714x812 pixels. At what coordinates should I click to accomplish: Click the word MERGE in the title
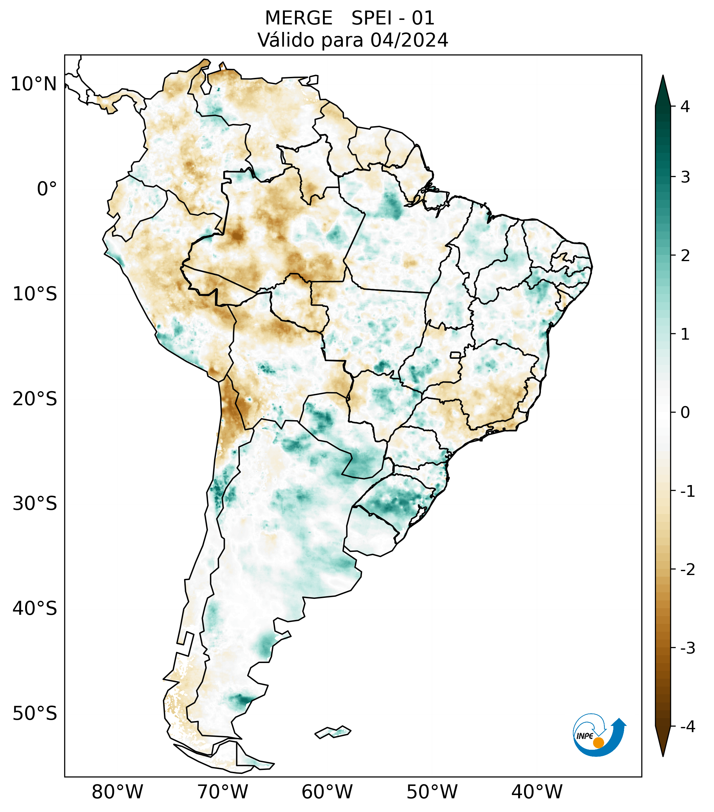(x=299, y=18)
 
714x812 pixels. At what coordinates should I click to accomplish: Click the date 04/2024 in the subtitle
(x=409, y=40)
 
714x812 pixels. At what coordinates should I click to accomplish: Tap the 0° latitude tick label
(x=47, y=189)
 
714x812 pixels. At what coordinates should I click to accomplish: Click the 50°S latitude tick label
(x=35, y=714)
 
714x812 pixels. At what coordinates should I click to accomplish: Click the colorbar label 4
(x=685, y=107)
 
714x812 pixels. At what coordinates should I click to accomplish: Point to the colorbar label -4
(x=688, y=727)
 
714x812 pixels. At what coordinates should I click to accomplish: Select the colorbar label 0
(x=685, y=412)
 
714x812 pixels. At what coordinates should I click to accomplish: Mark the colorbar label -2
(x=688, y=570)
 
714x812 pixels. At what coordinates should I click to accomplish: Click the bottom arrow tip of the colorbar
(x=663, y=755)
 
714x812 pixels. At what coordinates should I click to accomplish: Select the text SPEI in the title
(x=371, y=18)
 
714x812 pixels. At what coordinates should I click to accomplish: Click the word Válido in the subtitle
(x=286, y=40)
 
